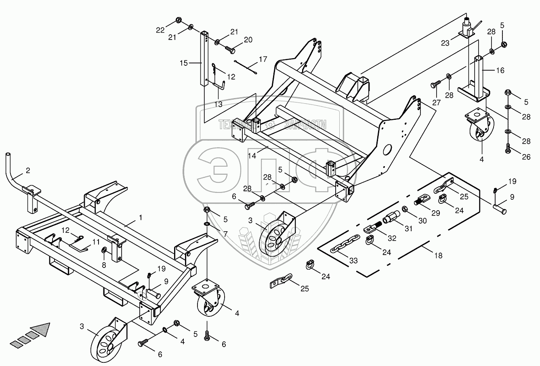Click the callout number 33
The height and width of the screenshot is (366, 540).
tap(354, 261)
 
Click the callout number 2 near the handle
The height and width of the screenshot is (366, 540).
tap(27, 171)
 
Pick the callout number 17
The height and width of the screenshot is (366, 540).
tap(263, 59)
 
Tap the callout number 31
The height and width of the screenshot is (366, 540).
tap(409, 229)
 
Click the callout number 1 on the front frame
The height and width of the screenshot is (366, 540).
tap(140, 218)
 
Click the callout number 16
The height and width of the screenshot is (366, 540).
tap(500, 70)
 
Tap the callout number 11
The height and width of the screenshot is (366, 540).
tap(95, 242)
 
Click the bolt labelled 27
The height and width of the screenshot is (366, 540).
tap(435, 84)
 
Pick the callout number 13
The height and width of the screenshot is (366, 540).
tap(218, 105)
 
